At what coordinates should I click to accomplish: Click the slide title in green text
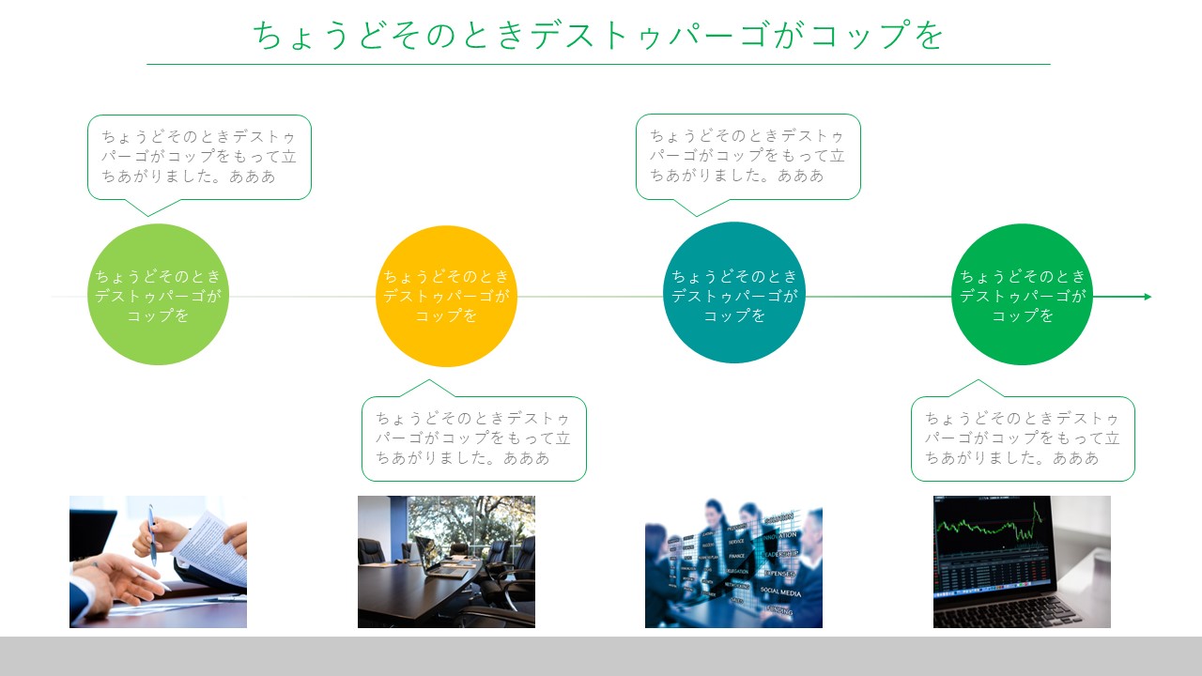(x=598, y=36)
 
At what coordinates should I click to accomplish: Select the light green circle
(x=158, y=295)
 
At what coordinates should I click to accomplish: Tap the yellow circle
(x=446, y=296)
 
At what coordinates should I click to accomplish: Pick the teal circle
(x=734, y=292)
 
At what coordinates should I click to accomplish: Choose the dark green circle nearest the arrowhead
(x=1023, y=295)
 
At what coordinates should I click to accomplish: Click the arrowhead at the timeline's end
(x=1148, y=297)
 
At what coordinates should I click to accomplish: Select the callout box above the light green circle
(x=199, y=157)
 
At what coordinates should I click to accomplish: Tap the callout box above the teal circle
(x=748, y=157)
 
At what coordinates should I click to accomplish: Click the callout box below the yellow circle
(x=474, y=438)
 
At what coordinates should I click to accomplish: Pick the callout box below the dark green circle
(x=1023, y=438)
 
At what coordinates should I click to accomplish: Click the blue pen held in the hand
(x=152, y=535)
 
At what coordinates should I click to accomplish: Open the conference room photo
(x=446, y=561)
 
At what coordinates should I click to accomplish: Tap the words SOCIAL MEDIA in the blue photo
(x=780, y=591)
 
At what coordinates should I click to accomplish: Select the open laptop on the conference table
(x=440, y=558)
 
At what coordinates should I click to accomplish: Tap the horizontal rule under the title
(x=598, y=65)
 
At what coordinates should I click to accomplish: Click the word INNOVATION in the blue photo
(x=779, y=536)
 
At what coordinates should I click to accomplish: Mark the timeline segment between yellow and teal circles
(x=591, y=297)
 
